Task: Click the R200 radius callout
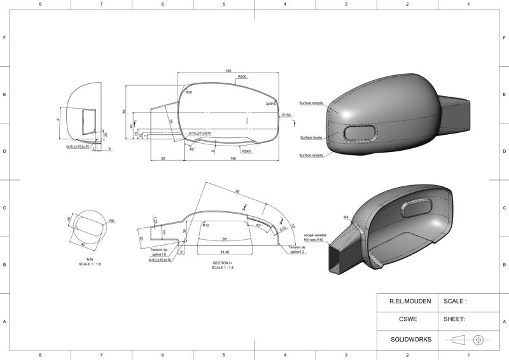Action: click(x=242, y=77)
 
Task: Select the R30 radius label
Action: click(x=189, y=93)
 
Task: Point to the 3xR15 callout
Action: click(x=270, y=103)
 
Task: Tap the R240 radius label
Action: click(x=247, y=151)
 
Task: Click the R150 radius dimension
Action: click(x=286, y=115)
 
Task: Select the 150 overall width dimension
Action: click(x=228, y=71)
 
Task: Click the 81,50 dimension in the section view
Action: click(x=224, y=252)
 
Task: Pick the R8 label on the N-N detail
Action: click(x=111, y=221)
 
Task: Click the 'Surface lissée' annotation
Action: click(x=310, y=137)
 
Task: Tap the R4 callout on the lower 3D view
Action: click(x=346, y=218)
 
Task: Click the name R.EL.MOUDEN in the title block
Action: click(x=407, y=301)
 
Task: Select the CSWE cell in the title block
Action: click(x=407, y=320)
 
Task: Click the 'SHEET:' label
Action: click(x=454, y=320)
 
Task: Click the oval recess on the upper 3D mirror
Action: click(x=361, y=132)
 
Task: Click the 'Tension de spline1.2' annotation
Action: click(x=296, y=249)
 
